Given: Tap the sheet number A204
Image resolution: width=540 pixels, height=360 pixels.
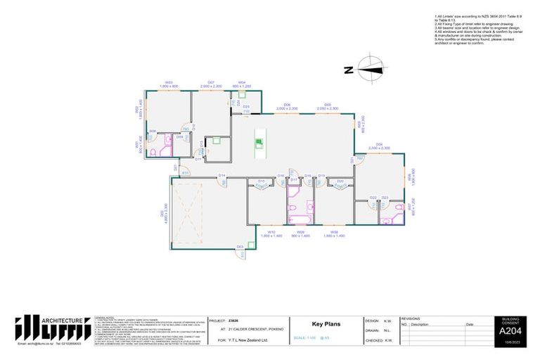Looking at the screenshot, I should [x=508, y=331].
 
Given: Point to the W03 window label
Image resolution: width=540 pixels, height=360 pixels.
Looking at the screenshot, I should [x=169, y=83].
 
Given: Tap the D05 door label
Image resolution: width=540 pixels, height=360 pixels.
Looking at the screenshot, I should [x=327, y=106].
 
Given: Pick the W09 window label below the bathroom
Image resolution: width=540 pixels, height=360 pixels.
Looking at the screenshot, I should [x=301, y=231].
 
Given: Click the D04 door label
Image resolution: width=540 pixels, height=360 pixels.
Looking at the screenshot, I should [x=379, y=146].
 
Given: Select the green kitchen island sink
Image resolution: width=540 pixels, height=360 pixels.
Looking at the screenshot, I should [x=259, y=143].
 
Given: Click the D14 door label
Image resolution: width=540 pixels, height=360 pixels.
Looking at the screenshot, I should [x=221, y=175].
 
